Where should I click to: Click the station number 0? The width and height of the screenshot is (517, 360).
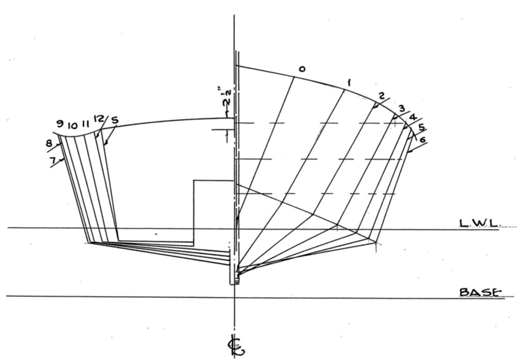tap(302, 69)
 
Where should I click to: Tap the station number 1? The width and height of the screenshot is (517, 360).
tap(349, 82)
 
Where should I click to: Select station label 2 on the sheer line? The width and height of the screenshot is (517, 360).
tap(382, 96)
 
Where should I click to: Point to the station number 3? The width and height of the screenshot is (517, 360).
tap(402, 108)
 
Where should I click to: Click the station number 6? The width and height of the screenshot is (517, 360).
tap(423, 140)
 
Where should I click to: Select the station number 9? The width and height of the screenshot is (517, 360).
tap(60, 124)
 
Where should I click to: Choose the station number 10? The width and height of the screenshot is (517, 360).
tap(72, 125)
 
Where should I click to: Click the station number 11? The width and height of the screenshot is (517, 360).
tap(85, 124)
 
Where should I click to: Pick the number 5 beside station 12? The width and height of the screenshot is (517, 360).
tap(114, 121)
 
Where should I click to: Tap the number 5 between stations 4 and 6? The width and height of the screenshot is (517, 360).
tap(421, 127)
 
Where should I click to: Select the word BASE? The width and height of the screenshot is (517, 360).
tap(480, 292)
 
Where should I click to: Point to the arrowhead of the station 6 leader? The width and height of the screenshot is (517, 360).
tap(408, 152)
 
